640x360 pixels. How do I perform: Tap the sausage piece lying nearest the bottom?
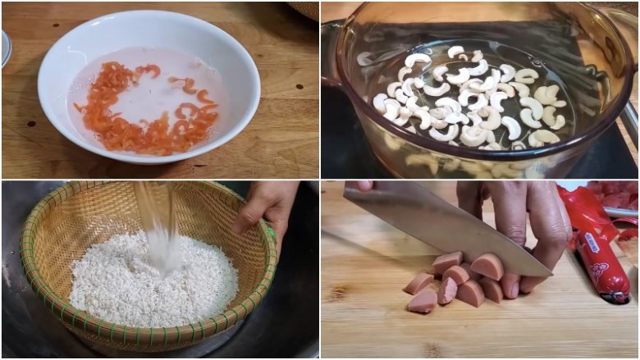[422, 303]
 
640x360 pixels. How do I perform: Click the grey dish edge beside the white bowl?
[5, 49]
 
